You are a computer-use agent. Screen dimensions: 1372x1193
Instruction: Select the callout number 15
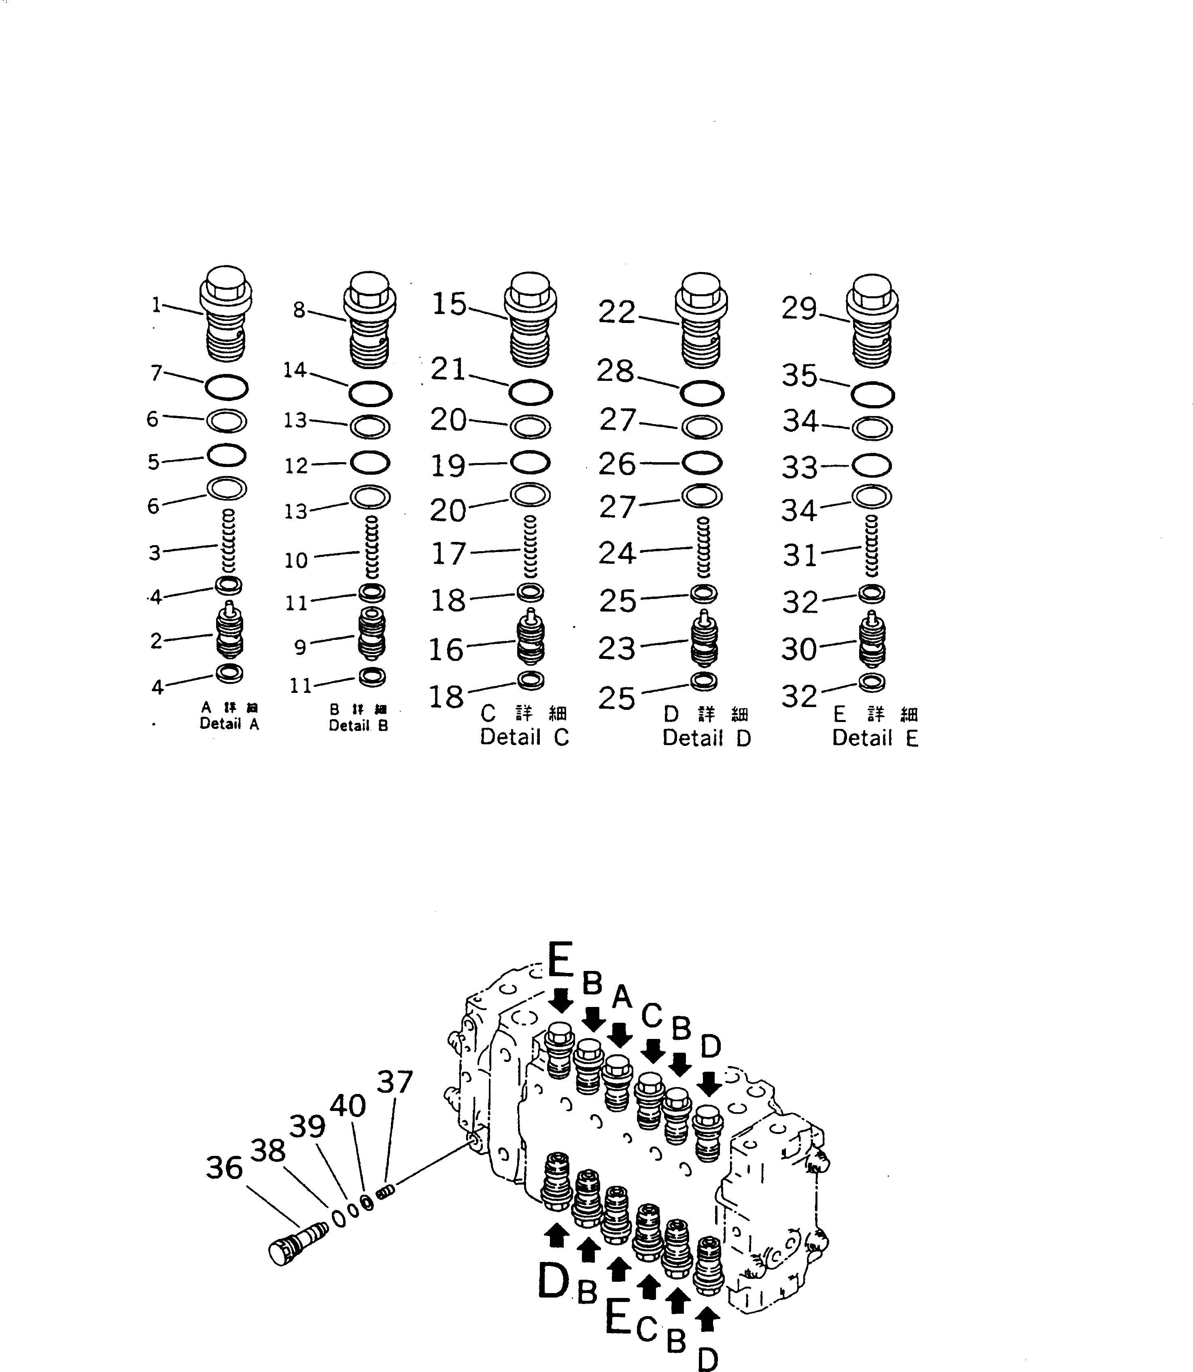449,304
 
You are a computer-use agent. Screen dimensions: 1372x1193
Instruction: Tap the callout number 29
799,309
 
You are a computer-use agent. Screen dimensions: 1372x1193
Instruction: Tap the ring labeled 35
872,395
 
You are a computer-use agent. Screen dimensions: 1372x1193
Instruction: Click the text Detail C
524,737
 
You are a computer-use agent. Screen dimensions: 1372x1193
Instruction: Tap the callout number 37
395,1082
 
